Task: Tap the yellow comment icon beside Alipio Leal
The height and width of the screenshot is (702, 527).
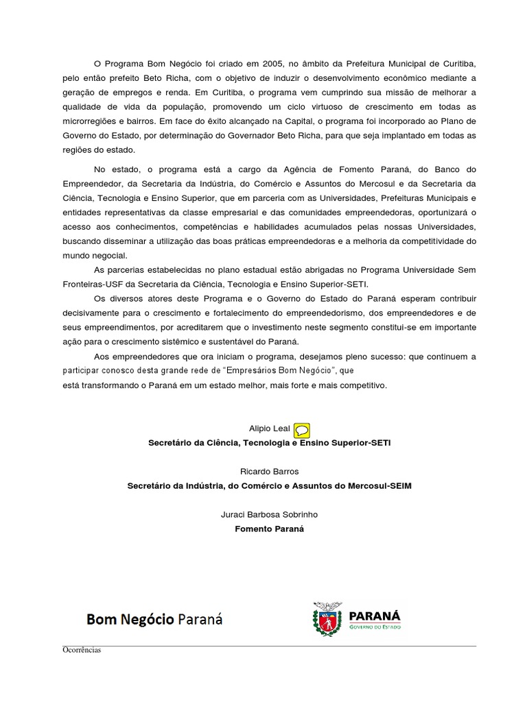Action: point(302,430)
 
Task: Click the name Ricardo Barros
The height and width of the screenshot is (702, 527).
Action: point(270,472)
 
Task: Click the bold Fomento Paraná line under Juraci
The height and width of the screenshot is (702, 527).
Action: point(270,529)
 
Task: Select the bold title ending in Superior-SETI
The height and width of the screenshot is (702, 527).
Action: point(270,443)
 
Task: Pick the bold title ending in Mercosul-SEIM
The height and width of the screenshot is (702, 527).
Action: point(270,486)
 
